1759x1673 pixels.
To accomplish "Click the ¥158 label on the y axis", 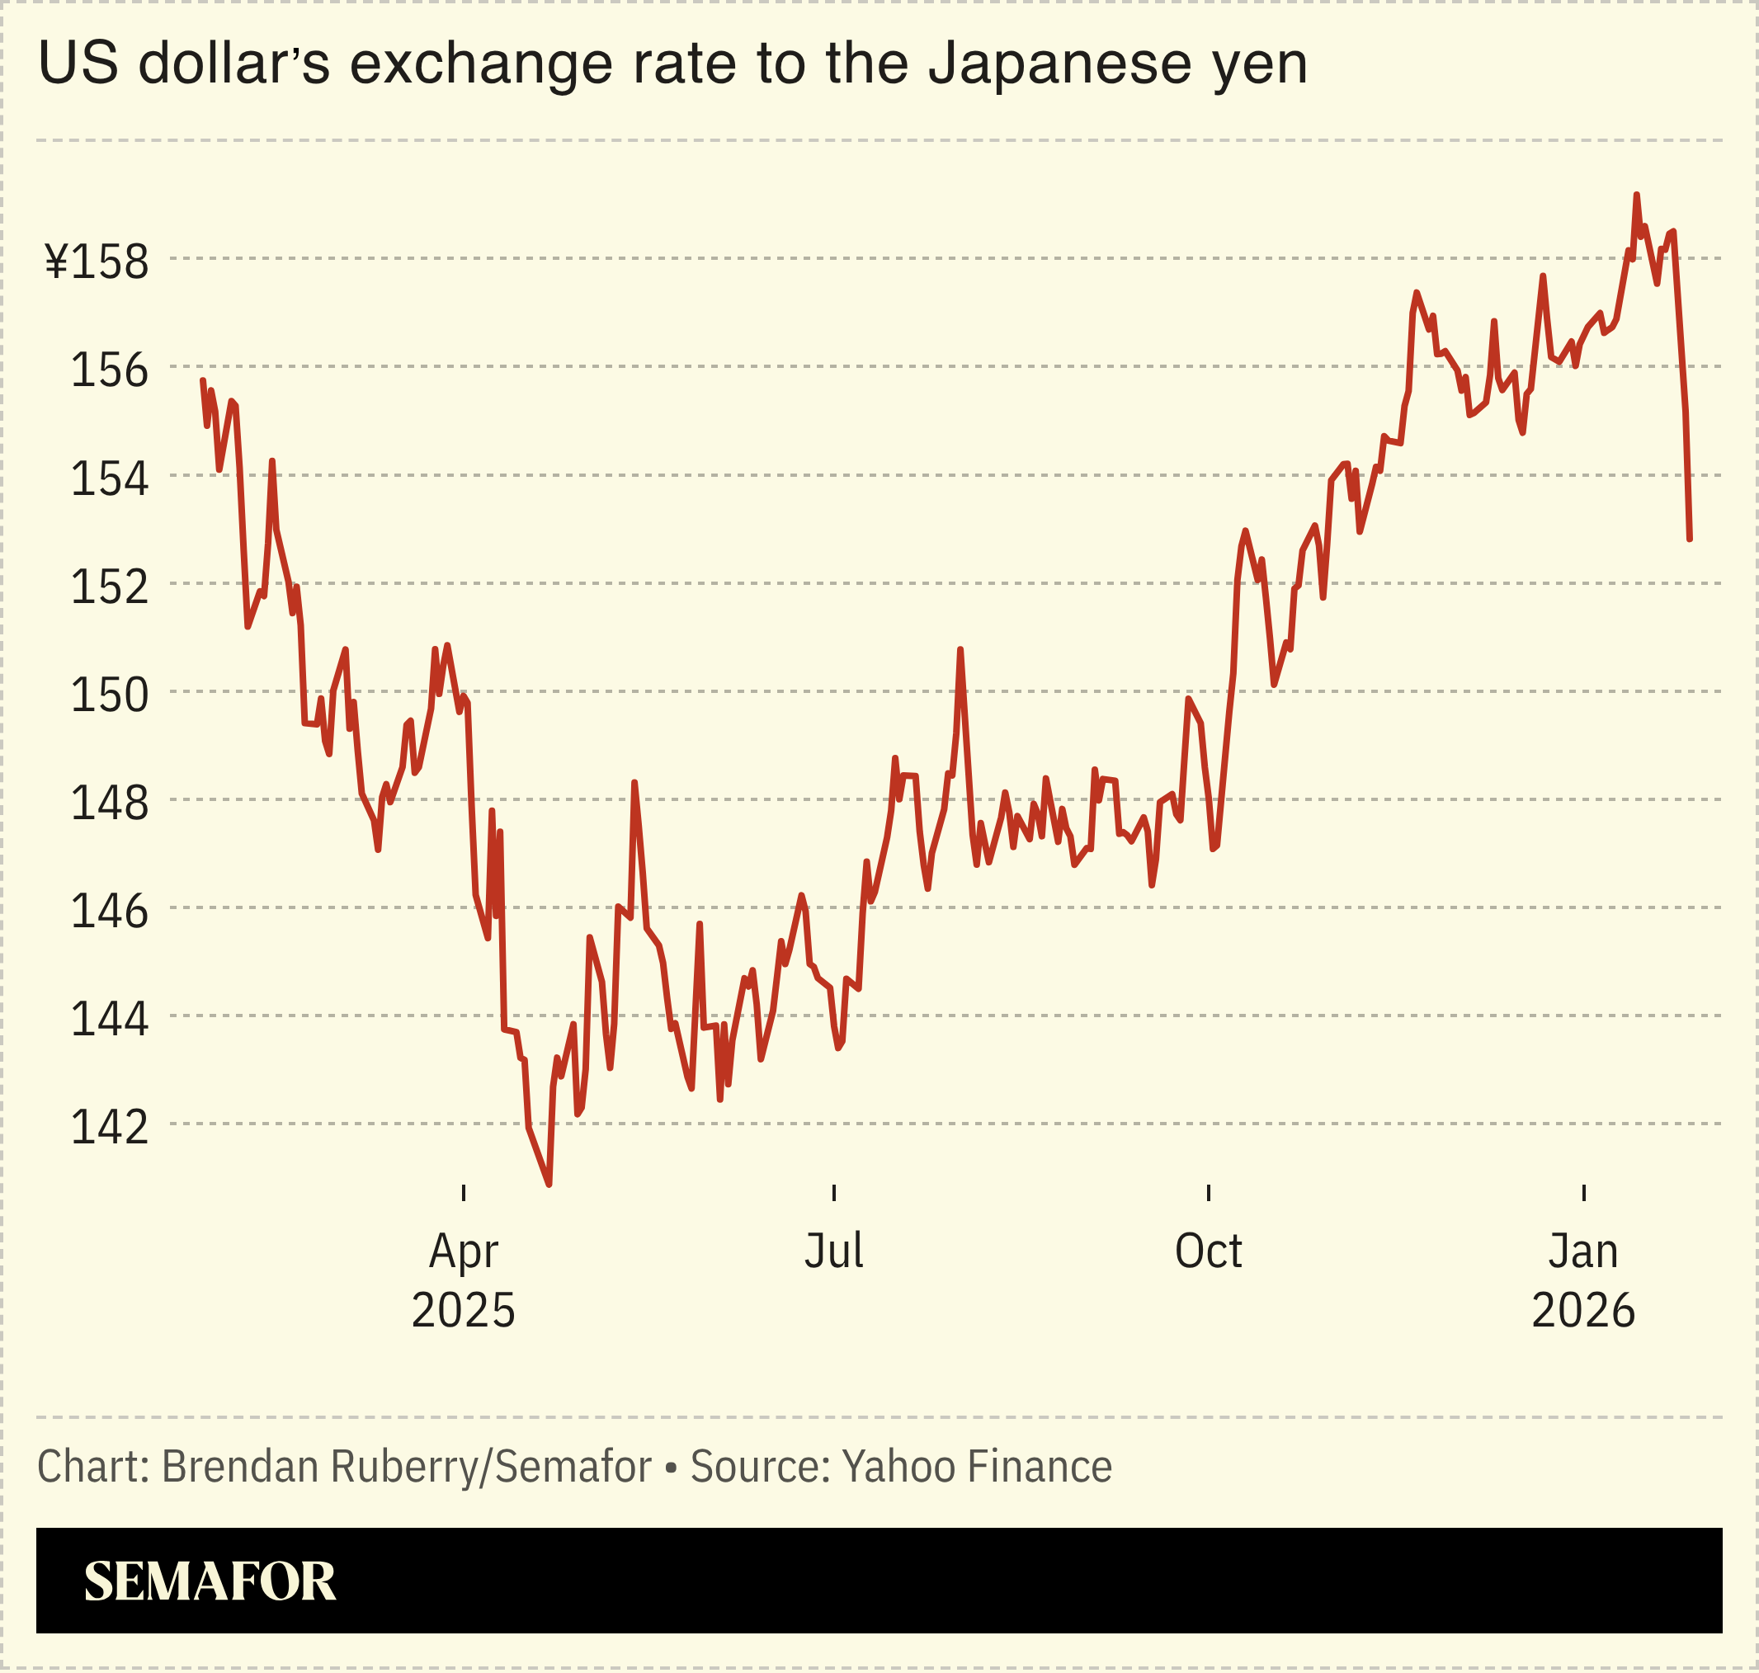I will tap(97, 262).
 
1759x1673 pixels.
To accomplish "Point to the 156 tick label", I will tap(109, 370).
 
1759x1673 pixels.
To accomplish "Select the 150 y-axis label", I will tap(109, 695).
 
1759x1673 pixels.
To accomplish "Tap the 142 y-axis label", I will tap(109, 1127).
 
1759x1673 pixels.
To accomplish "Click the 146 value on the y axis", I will tap(109, 912).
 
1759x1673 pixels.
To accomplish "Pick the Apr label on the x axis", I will tap(463, 1251).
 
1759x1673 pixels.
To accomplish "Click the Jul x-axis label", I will tap(833, 1251).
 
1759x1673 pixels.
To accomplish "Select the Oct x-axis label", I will tap(1208, 1251).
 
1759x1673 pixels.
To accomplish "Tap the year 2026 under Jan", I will tap(1582, 1310).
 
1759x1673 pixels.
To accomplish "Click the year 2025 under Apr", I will tap(463, 1310).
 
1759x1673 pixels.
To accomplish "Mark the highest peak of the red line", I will tap(1636, 195).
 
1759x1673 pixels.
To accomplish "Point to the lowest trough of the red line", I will tap(549, 1185).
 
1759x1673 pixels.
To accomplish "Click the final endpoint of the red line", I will tap(1690, 539).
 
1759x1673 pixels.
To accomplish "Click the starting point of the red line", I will tap(203, 381).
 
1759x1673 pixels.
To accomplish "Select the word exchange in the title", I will tap(483, 64).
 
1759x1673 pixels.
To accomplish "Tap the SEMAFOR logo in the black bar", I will tap(210, 1581).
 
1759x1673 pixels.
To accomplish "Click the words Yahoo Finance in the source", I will tap(977, 1466).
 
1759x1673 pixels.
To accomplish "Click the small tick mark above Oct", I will tap(1208, 1192).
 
